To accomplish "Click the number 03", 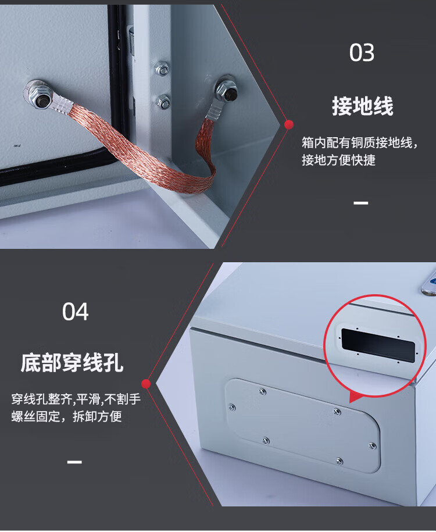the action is point(362,52).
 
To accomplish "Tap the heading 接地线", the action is point(362,106).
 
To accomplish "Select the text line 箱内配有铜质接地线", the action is point(357,143).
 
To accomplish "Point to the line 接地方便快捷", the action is point(338,160).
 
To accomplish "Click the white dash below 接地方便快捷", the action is point(360,203).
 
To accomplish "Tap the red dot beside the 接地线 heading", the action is point(289,125).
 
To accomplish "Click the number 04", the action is point(76,312).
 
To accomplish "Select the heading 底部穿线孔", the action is point(72,363).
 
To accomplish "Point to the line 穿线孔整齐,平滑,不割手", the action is point(76,399).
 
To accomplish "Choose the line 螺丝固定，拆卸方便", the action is point(66,416).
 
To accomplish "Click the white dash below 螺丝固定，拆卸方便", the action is point(74,462).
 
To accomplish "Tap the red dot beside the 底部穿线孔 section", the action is point(146,384).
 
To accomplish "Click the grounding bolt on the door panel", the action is point(40,97).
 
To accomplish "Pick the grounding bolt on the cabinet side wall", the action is point(227,91).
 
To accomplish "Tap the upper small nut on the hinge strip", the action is point(162,69).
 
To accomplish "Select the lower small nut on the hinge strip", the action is point(163,102).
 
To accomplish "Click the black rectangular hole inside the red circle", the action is point(378,345).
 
